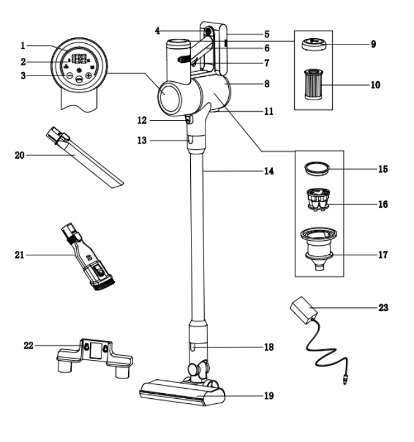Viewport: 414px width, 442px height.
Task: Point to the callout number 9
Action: [x=377, y=44]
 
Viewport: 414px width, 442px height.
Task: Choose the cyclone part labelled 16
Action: [x=320, y=199]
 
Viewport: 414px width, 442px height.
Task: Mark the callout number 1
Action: [x=22, y=45]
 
